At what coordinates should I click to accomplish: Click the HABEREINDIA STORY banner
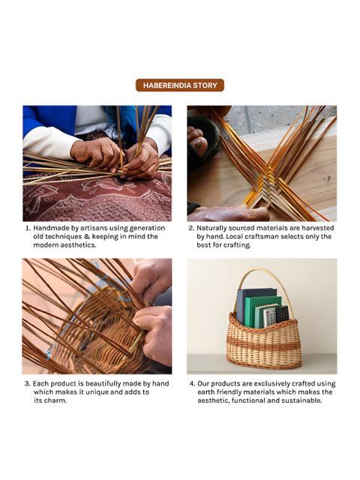click(x=180, y=85)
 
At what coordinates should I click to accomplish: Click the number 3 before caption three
click(x=27, y=384)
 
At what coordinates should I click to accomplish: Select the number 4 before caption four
click(x=192, y=384)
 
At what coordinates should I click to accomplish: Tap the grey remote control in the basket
click(x=270, y=316)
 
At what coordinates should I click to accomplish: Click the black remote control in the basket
click(x=282, y=313)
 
